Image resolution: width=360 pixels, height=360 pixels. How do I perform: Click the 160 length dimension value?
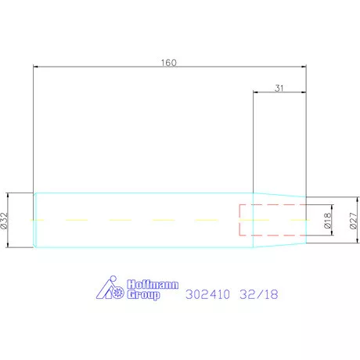tap(169, 63)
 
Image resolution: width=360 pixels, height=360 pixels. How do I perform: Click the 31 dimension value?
tap(279, 88)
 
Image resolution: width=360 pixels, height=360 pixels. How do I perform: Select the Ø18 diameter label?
tap(327, 221)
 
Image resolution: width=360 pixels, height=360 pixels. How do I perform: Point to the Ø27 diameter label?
tap(354, 221)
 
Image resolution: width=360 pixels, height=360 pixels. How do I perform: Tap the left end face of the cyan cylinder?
tap(34, 221)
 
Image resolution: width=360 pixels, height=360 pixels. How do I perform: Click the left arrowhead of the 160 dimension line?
tap(37, 67)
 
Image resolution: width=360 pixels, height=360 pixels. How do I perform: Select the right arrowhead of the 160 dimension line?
tap(303, 67)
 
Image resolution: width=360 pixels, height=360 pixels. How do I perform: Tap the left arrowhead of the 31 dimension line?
tap(255, 93)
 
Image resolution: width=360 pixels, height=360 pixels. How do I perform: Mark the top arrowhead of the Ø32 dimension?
tap(9, 196)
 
